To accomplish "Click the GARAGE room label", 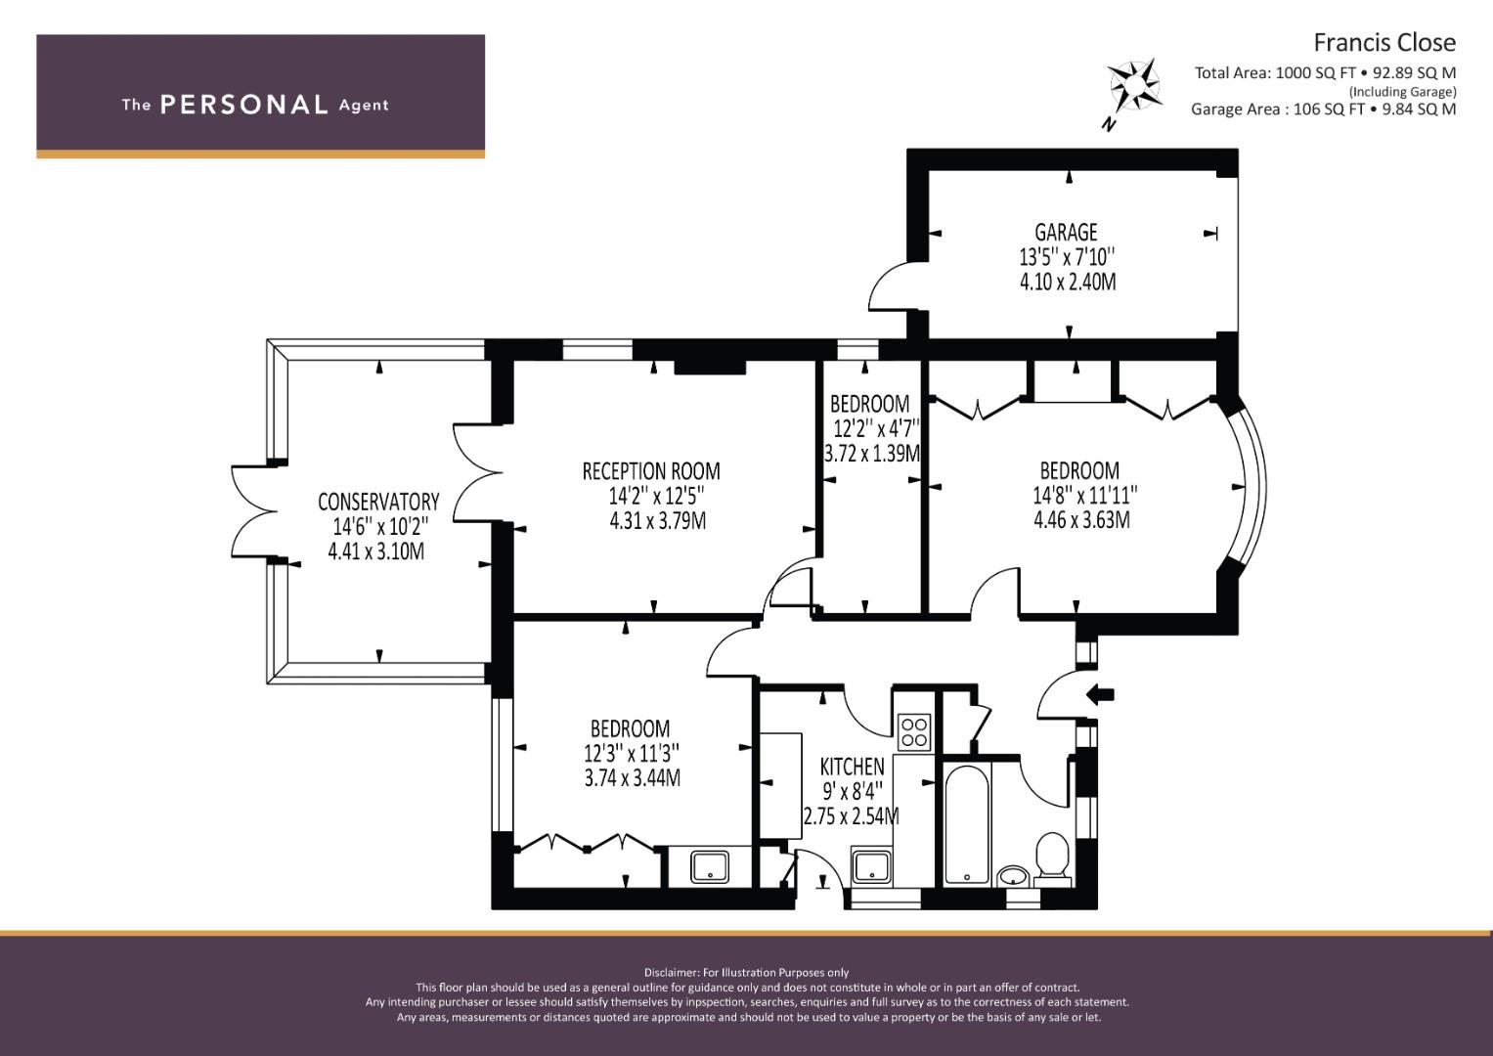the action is [1066, 232].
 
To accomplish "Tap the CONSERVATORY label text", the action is [378, 502].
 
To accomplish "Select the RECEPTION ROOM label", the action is [651, 471].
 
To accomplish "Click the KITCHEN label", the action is [852, 766].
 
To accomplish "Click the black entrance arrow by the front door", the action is [1100, 695].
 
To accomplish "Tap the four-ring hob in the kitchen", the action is [914, 731].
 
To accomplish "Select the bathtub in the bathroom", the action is [967, 824].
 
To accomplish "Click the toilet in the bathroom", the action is [1052, 858].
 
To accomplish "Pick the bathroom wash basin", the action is [1014, 875].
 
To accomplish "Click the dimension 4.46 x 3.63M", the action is [1081, 519].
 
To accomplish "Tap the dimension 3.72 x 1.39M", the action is [872, 454].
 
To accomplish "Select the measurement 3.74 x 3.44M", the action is [633, 777].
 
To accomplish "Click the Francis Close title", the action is [1384, 43].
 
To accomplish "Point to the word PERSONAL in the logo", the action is [244, 105].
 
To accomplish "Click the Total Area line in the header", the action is [1325, 72].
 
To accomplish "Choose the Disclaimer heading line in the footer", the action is [747, 972].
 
